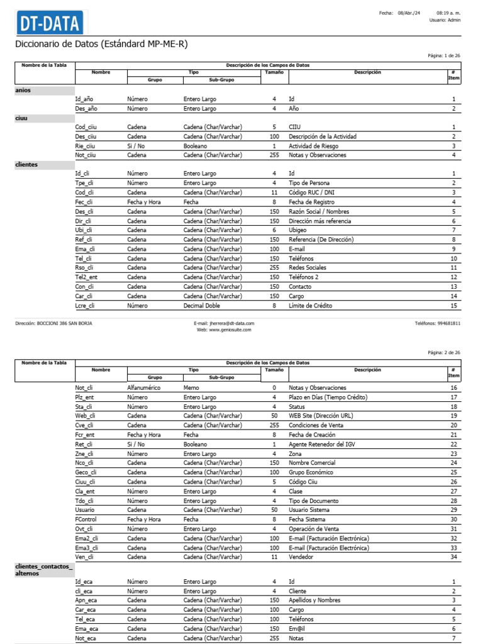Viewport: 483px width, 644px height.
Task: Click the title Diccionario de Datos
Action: click(101, 44)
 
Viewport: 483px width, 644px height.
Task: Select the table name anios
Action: click(23, 90)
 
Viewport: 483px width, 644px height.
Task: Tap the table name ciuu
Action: click(21, 118)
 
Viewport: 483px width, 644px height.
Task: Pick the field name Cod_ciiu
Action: click(86, 127)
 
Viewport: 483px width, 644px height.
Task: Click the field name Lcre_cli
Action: click(85, 306)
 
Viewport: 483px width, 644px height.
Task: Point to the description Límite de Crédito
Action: click(310, 306)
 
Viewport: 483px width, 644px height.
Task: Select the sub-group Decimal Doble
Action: click(202, 306)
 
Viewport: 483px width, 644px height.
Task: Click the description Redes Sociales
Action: click(309, 268)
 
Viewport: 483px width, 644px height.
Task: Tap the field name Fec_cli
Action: click(84, 202)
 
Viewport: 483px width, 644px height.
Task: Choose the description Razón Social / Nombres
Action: click(319, 211)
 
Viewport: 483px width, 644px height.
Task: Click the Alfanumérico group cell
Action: click(144, 388)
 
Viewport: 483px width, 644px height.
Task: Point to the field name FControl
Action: click(86, 519)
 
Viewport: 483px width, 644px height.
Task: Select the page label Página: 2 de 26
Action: click(444, 353)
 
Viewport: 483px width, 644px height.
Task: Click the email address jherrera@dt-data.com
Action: click(225, 323)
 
